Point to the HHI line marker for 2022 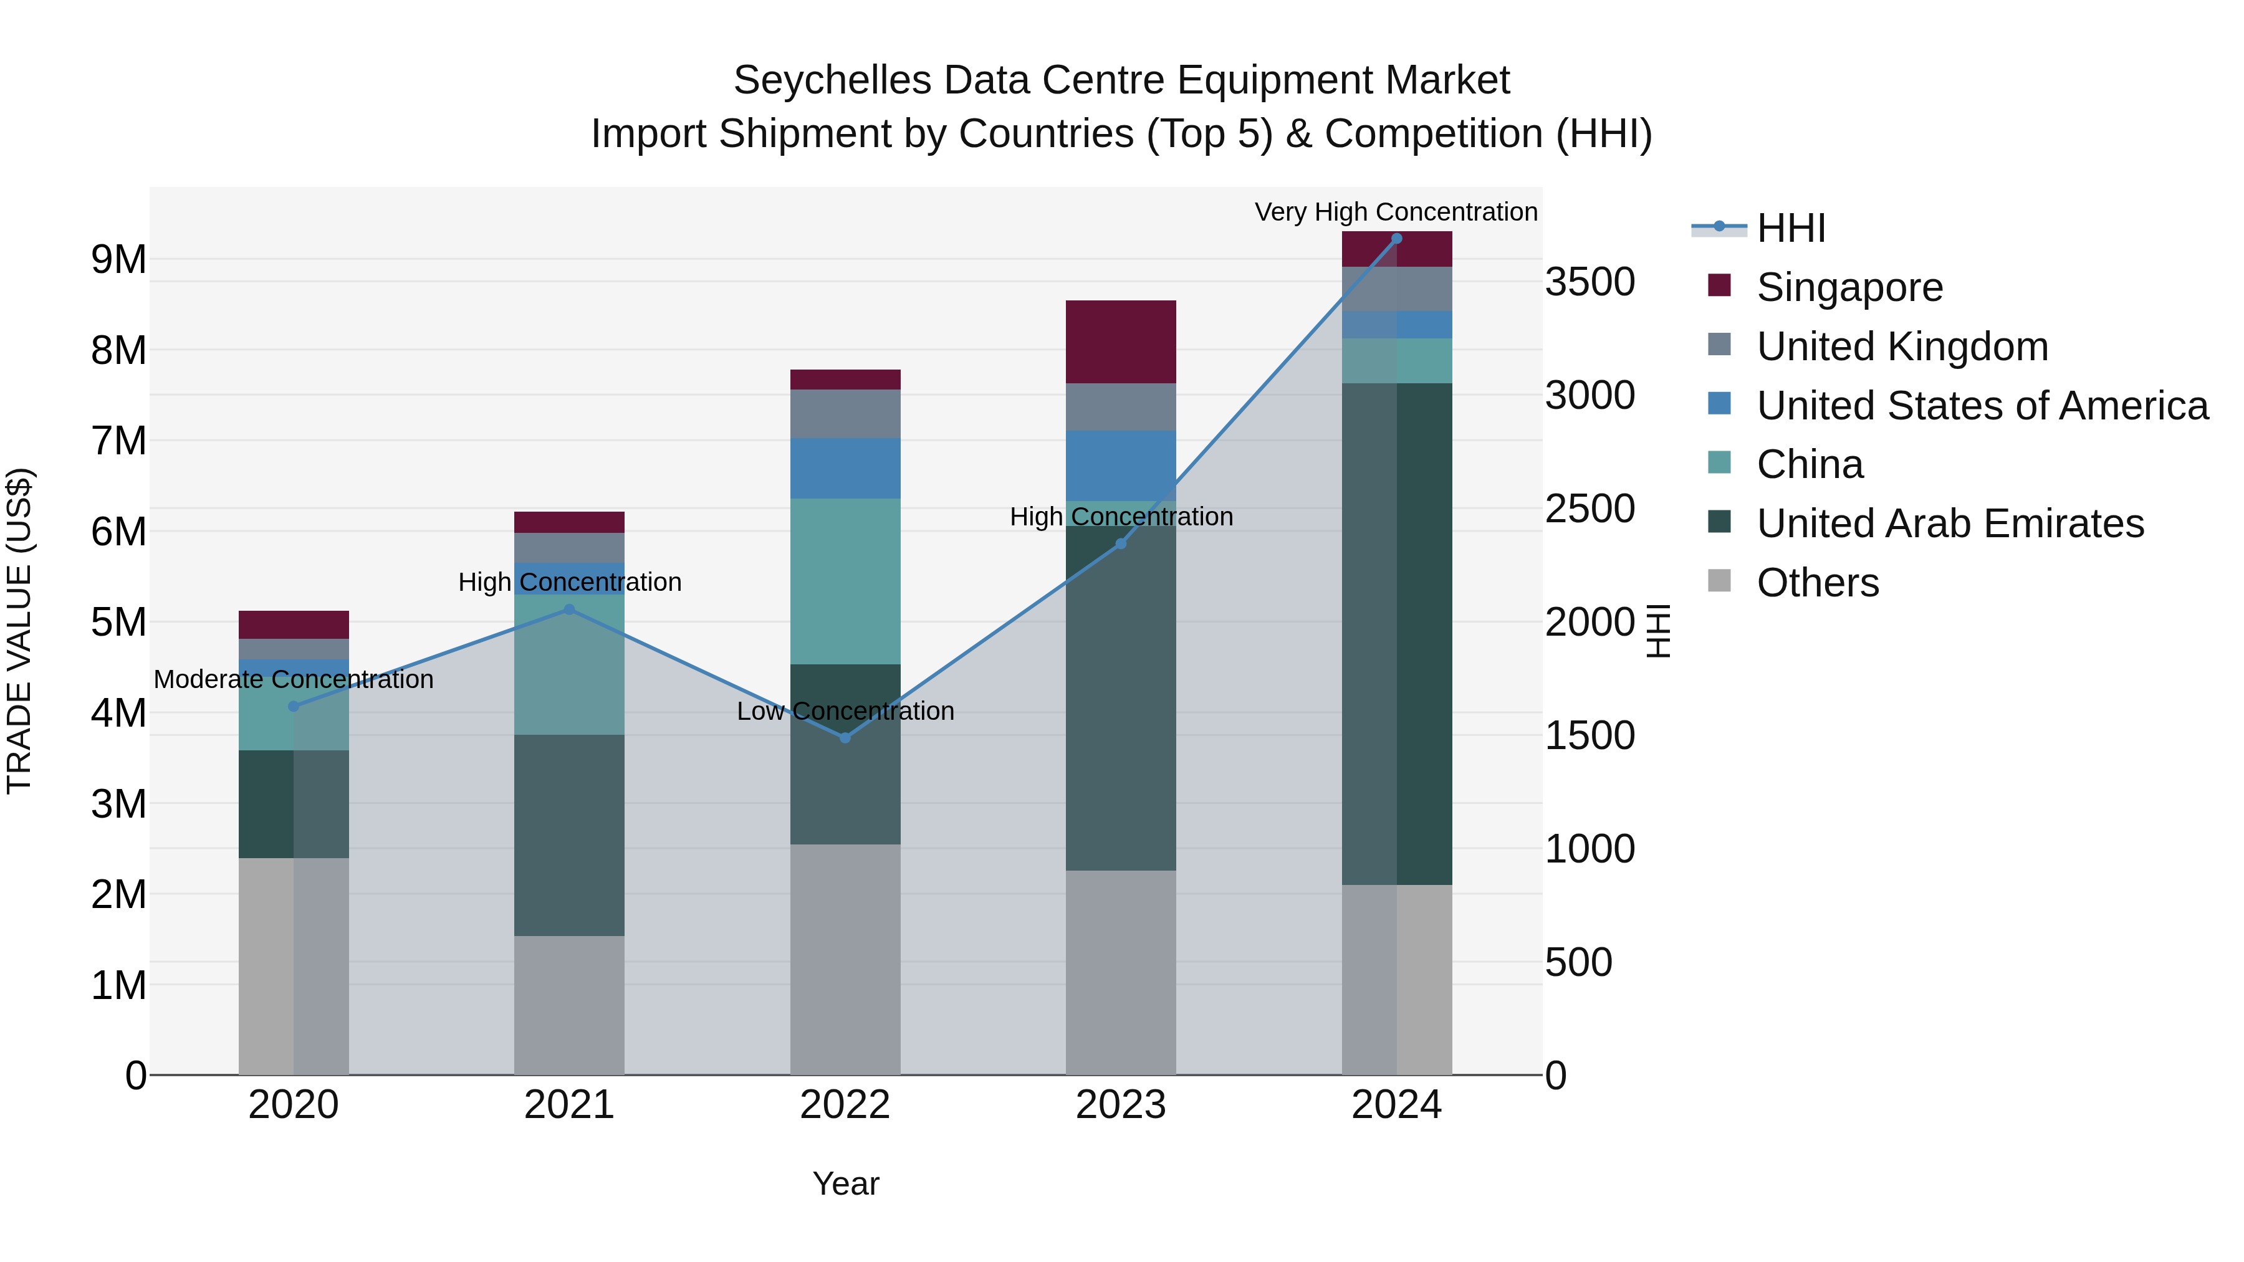pyautogui.click(x=845, y=738)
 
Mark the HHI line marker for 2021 pyautogui.click(x=570, y=609)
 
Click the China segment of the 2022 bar pyautogui.click(x=845, y=581)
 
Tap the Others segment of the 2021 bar pyautogui.click(x=570, y=1005)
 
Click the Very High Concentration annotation pyautogui.click(x=1396, y=212)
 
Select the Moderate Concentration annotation pyautogui.click(x=294, y=679)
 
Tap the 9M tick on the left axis pyautogui.click(x=118, y=259)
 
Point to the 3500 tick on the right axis pyautogui.click(x=1589, y=282)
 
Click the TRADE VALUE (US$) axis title pyautogui.click(x=19, y=631)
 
